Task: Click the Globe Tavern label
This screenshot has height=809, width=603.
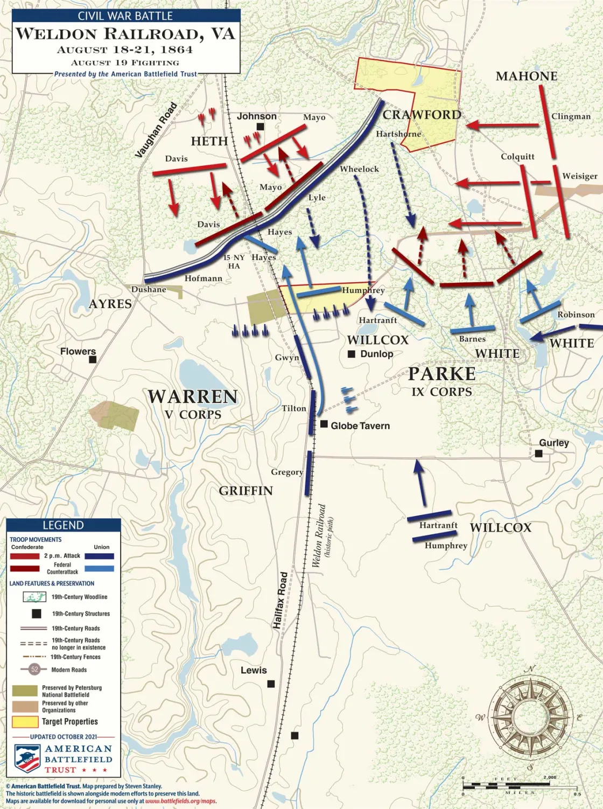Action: tap(360, 426)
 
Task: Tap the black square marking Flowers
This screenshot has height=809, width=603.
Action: tap(93, 359)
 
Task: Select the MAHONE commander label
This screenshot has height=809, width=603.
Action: tap(526, 76)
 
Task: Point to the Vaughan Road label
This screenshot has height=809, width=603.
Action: tap(156, 130)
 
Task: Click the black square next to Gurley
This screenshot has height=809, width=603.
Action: tap(538, 454)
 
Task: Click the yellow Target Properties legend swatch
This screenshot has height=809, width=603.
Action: tap(25, 722)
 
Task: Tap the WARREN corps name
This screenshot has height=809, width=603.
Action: tap(192, 397)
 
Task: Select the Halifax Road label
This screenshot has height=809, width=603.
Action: tap(280, 601)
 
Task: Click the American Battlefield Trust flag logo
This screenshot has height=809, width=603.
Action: tap(27, 758)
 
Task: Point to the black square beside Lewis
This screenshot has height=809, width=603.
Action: tap(271, 684)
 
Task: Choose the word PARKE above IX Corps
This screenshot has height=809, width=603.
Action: tap(441, 374)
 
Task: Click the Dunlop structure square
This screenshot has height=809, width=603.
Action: tap(351, 354)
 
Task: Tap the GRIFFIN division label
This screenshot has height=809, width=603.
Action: tap(246, 491)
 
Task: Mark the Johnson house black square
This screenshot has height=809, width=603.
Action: tap(260, 127)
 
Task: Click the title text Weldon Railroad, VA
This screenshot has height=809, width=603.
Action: tap(125, 34)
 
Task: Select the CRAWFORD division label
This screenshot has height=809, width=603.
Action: tap(422, 115)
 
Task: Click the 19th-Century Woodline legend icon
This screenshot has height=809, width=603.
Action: tap(34, 597)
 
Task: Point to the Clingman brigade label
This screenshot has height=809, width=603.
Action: tap(571, 116)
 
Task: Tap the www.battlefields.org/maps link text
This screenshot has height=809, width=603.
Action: tap(181, 801)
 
